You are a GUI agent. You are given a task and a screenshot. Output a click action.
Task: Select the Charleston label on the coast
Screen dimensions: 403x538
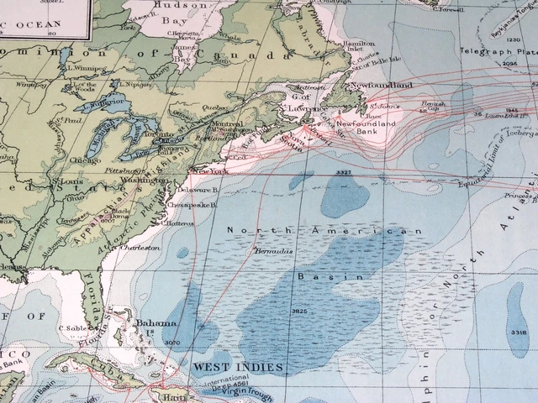pos(140,248)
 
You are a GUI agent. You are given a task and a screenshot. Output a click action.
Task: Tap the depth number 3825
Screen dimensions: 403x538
pos(300,311)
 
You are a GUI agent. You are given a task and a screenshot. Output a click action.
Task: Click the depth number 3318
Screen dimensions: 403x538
pos(519,333)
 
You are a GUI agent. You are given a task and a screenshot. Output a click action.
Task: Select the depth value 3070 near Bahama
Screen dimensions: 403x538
pos(173,343)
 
